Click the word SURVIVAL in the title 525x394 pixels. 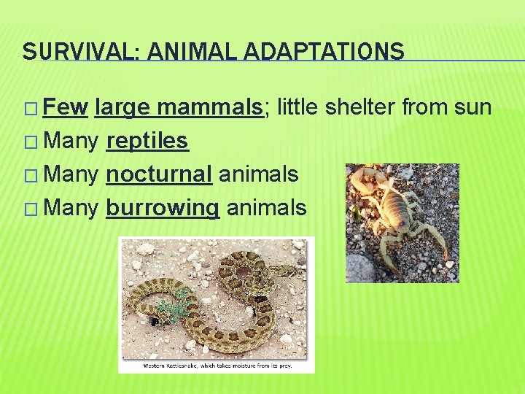(x=60, y=51)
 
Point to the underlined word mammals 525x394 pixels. (x=210, y=108)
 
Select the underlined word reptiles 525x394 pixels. (x=147, y=141)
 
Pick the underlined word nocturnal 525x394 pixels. (x=159, y=174)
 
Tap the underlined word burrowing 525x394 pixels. (x=163, y=208)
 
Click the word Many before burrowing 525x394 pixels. (x=71, y=208)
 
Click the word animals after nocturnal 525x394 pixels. (x=258, y=174)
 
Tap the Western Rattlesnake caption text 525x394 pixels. (x=217, y=366)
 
